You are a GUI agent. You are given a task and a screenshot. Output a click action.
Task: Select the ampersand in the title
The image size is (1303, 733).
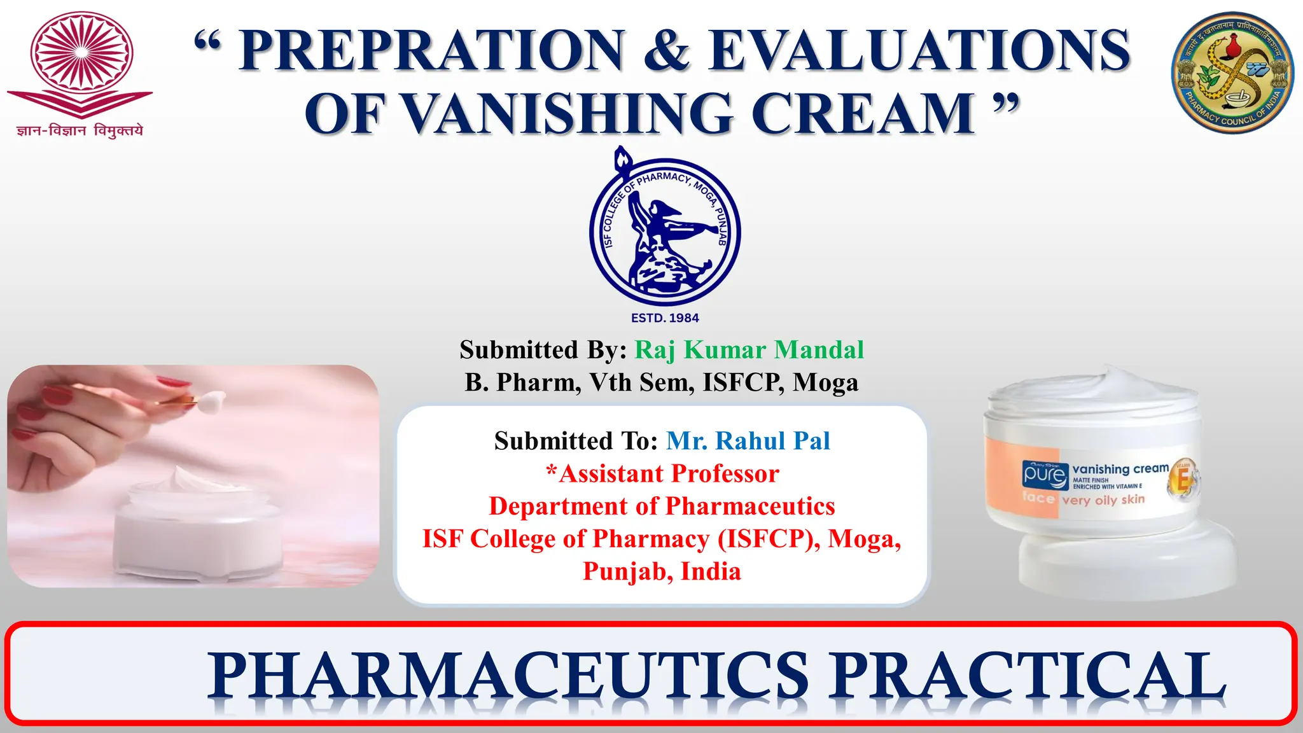click(x=666, y=51)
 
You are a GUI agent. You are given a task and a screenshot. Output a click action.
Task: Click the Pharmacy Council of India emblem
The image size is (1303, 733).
click(x=1232, y=73)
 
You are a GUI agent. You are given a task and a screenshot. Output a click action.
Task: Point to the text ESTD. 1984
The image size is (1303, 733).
click(x=665, y=318)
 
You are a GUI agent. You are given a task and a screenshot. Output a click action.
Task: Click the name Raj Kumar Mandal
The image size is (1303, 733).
click(x=749, y=350)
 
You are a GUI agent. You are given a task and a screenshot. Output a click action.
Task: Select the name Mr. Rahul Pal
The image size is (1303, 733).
click(x=748, y=441)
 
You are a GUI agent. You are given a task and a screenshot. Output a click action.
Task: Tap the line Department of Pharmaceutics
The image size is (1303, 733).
click(x=662, y=506)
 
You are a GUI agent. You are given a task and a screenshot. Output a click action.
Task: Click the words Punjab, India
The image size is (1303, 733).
click(x=662, y=571)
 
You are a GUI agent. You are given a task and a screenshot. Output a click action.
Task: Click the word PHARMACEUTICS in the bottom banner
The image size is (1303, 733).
click(x=509, y=676)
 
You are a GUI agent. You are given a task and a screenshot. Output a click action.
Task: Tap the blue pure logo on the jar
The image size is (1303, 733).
click(x=1045, y=475)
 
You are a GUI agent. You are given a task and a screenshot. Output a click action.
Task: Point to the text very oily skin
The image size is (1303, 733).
click(x=1103, y=500)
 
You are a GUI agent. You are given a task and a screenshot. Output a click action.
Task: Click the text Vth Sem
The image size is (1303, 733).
click(x=642, y=383)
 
